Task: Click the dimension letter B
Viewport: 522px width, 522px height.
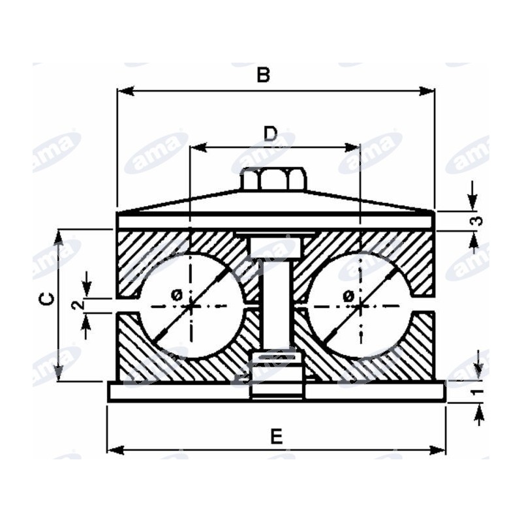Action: [x=263, y=75]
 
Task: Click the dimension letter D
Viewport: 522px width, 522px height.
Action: [x=270, y=134]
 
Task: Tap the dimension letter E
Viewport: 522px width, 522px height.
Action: [x=276, y=437]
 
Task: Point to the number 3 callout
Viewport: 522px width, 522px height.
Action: [x=478, y=221]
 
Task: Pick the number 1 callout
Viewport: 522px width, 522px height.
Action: [x=478, y=392]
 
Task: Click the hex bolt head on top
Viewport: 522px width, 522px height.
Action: [x=273, y=179]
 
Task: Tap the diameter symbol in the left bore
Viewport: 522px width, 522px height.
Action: [x=177, y=295]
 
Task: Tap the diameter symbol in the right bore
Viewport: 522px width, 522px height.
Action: [x=348, y=295]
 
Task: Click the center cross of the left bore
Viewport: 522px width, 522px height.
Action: [x=191, y=306]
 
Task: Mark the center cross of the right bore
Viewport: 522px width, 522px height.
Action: [x=361, y=306]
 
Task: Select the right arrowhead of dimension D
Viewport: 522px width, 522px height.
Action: [x=352, y=147]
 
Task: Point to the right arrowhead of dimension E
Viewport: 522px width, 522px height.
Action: [x=437, y=450]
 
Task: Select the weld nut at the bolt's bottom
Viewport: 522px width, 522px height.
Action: [x=277, y=375]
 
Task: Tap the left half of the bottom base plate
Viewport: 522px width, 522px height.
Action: [x=179, y=391]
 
